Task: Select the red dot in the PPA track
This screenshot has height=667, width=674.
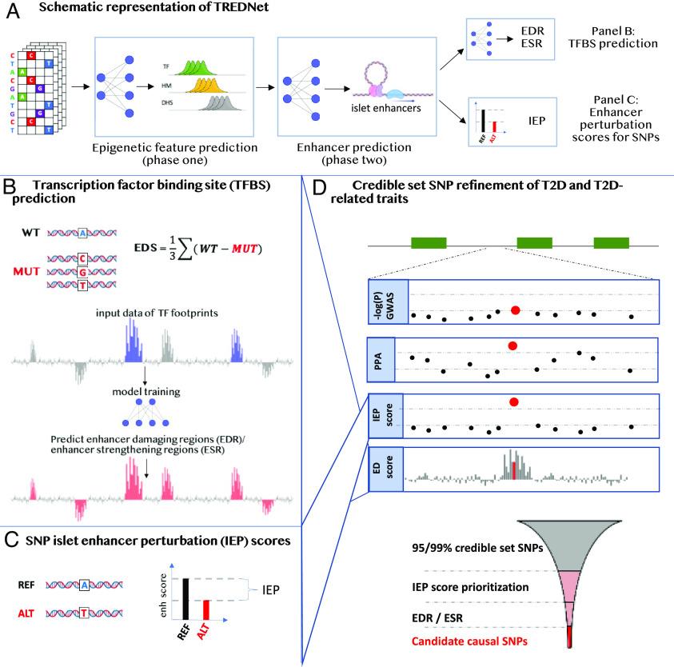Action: (512, 345)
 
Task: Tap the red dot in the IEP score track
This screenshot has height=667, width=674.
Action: (514, 402)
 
